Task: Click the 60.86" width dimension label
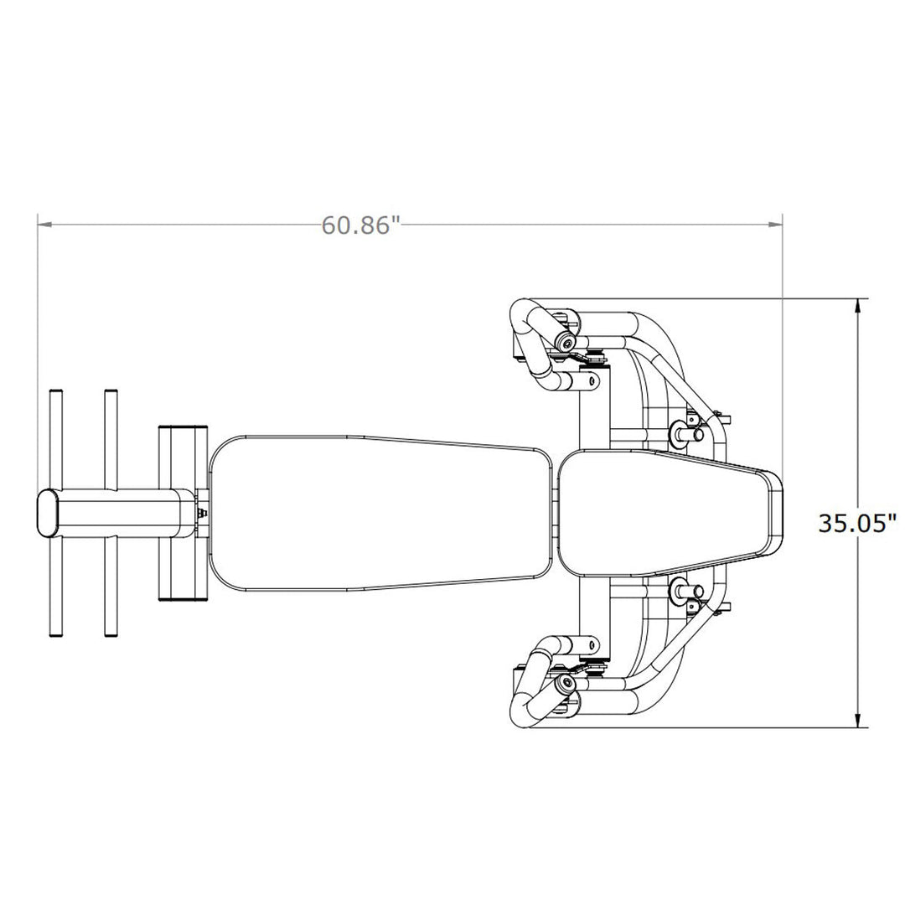(x=360, y=225)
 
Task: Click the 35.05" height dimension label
(x=858, y=523)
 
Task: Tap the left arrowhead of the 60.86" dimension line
(x=45, y=224)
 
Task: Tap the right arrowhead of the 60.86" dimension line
(x=774, y=224)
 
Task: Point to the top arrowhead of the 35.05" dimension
(x=860, y=307)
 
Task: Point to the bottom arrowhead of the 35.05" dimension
(x=860, y=720)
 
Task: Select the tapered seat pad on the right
(x=670, y=513)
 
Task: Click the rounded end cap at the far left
(x=48, y=514)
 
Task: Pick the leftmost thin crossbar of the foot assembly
(x=56, y=513)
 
